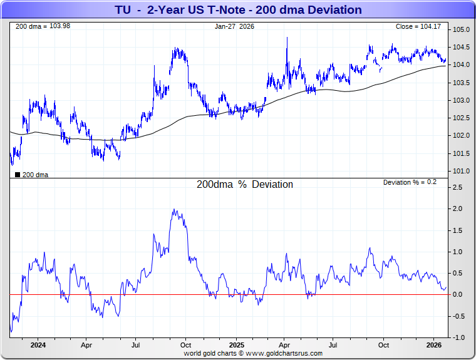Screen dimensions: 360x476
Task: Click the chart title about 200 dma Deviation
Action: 238,10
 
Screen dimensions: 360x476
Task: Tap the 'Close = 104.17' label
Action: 418,26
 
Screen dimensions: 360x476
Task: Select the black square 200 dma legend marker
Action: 17,175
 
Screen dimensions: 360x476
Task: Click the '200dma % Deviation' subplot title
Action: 245,185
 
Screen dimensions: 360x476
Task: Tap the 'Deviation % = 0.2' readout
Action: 410,182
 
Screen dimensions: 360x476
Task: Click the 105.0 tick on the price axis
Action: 462,30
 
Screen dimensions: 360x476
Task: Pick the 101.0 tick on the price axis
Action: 462,171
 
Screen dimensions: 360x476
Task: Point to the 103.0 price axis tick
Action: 462,100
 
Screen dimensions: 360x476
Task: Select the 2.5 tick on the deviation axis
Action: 458,187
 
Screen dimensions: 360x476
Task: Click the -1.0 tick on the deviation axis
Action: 459,337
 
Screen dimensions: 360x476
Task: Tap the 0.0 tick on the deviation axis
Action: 458,294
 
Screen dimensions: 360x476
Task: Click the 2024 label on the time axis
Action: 38,345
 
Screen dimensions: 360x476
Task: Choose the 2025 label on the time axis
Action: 236,345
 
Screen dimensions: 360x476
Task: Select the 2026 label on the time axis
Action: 434,345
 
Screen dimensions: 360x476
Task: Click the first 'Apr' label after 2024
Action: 86,345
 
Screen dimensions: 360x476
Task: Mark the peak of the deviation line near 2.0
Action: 173,210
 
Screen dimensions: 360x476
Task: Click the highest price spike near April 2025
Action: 287,38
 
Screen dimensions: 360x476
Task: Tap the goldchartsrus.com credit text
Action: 253,353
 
